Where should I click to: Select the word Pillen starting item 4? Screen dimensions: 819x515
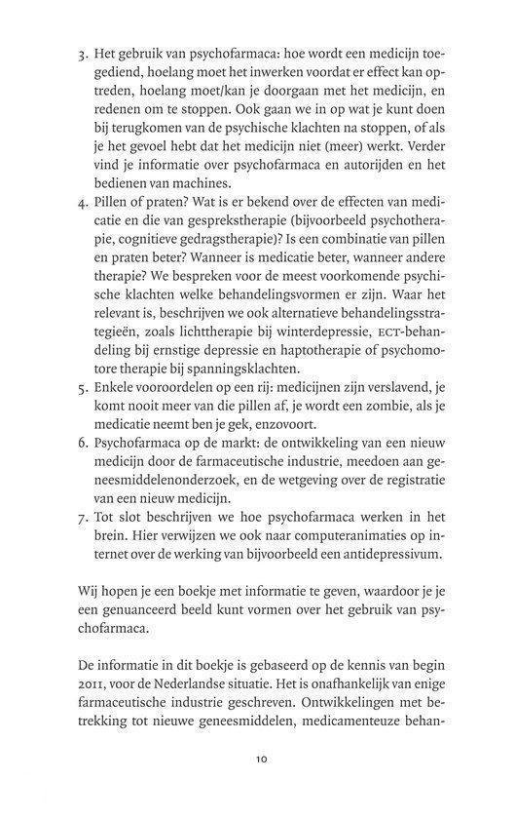(109, 209)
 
